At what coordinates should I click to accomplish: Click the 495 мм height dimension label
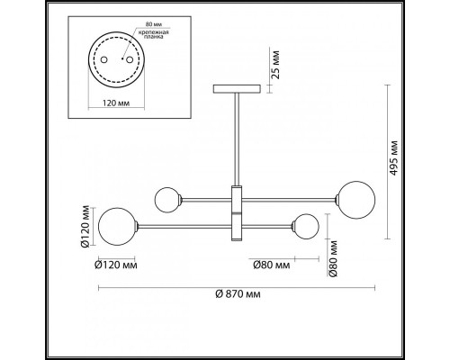(x=393, y=157)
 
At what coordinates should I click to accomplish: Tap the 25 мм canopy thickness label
(x=275, y=65)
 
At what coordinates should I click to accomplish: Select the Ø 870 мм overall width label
(x=238, y=294)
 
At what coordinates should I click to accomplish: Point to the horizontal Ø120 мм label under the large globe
(x=116, y=265)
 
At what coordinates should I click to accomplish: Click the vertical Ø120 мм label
(x=85, y=226)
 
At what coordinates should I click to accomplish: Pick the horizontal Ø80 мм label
(x=272, y=265)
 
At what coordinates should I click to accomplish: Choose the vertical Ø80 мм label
(x=333, y=258)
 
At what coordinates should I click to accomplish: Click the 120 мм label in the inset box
(x=116, y=103)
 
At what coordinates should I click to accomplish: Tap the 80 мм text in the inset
(x=152, y=24)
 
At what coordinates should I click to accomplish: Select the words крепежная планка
(x=154, y=35)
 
